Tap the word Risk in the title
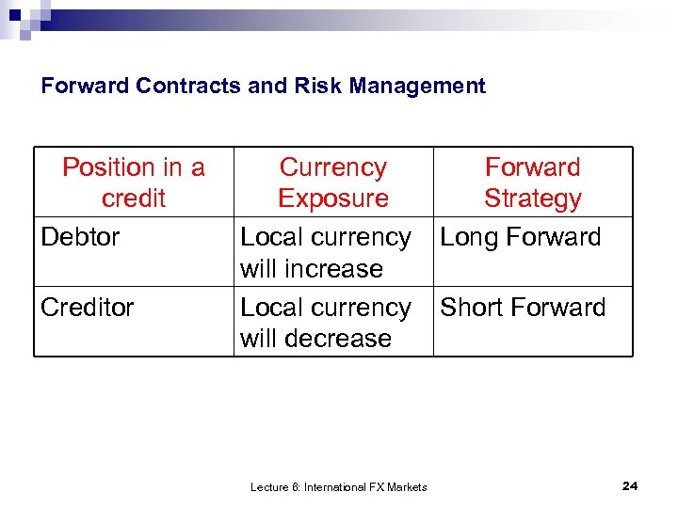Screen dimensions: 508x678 (x=307, y=87)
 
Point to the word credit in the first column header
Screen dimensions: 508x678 (x=134, y=198)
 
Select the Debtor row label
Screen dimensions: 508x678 (x=80, y=237)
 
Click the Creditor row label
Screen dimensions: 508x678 (x=88, y=308)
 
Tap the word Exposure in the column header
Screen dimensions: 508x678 (x=333, y=198)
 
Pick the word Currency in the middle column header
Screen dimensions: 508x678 (x=333, y=167)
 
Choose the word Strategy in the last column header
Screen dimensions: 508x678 (x=533, y=198)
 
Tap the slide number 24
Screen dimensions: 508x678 (x=630, y=485)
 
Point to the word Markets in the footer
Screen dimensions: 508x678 (x=407, y=487)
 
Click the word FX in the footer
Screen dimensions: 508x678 (x=374, y=487)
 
